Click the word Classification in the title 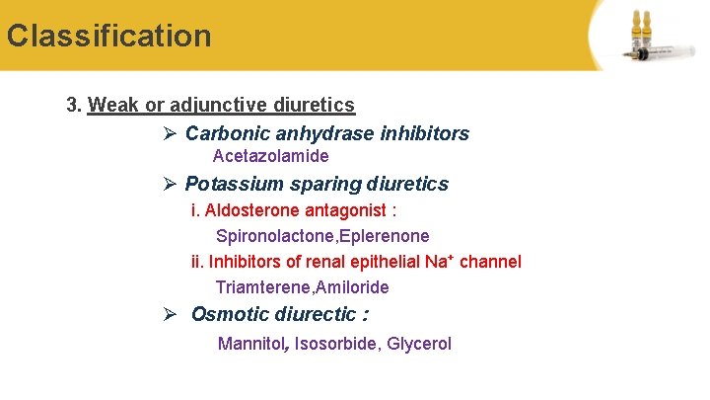point(108,37)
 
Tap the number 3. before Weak point(74,105)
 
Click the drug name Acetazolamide point(270,156)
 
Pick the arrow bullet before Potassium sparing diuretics point(170,184)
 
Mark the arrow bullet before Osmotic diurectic point(170,315)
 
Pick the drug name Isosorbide point(335,344)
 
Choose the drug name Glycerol point(419,344)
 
